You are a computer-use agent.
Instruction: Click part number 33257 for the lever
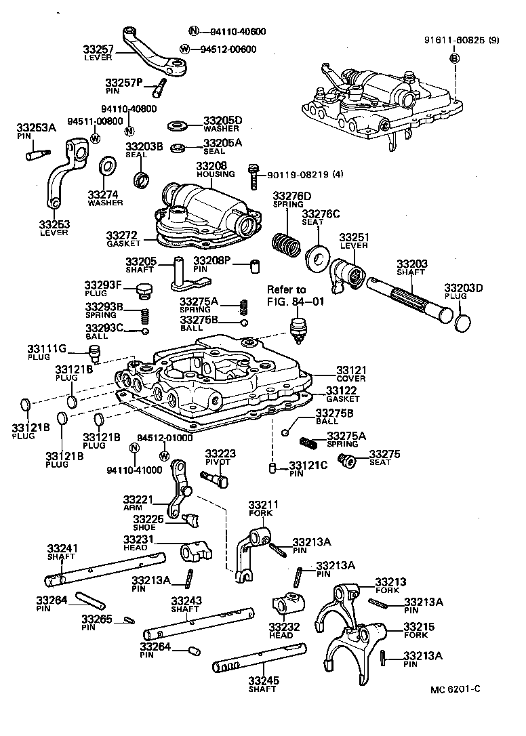pyautogui.click(x=99, y=49)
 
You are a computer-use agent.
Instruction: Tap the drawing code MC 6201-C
pyautogui.click(x=455, y=689)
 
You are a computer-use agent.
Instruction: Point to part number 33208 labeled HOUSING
pyautogui.click(x=211, y=165)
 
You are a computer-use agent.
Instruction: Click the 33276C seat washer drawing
pyautogui.click(x=317, y=257)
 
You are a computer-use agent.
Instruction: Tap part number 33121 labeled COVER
pyautogui.click(x=351, y=370)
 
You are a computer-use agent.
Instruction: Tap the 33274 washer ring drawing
pyautogui.click(x=106, y=166)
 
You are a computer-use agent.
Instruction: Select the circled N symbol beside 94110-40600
pyautogui.click(x=193, y=31)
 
